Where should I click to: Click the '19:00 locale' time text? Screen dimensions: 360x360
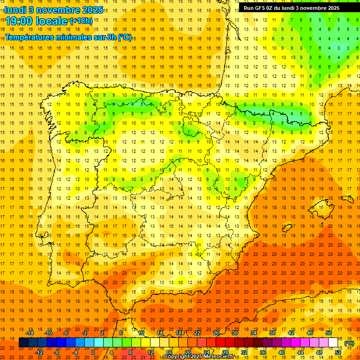(x=37, y=21)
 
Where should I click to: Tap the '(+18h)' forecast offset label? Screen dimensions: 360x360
(x=82, y=21)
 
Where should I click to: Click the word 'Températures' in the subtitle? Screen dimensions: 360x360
(x=28, y=37)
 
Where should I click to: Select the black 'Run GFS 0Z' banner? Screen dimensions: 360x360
(x=292, y=8)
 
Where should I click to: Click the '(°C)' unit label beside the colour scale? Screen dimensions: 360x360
(x=349, y=343)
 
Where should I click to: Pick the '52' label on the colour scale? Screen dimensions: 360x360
(x=338, y=352)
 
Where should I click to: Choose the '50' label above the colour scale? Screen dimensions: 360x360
(x=329, y=333)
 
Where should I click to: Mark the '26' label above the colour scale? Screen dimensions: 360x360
(x=216, y=333)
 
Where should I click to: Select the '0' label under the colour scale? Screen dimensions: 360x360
(x=93, y=352)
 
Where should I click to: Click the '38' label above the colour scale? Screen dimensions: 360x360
(x=272, y=333)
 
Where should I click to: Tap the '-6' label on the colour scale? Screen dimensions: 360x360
(x=67, y=333)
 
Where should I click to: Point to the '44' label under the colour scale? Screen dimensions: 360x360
(x=300, y=352)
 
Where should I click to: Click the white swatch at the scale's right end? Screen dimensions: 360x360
(x=333, y=343)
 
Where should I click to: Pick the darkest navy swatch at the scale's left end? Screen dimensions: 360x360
(x=23, y=343)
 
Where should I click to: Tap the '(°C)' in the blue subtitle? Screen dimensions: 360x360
(x=125, y=37)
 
